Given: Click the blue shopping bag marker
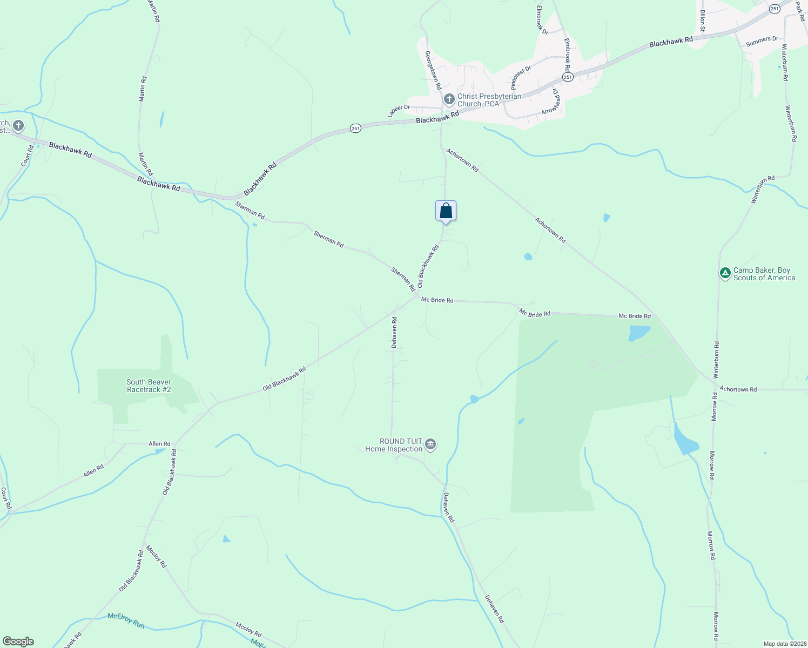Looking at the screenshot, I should pyautogui.click(x=446, y=211).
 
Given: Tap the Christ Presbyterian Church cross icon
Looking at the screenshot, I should pyautogui.click(x=449, y=99).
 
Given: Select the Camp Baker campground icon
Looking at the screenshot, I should pyautogui.click(x=725, y=273).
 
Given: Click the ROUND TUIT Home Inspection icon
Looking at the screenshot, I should pyautogui.click(x=430, y=444).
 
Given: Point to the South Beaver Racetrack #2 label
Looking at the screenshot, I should pyautogui.click(x=149, y=386).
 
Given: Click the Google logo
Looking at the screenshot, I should pyautogui.click(x=18, y=642).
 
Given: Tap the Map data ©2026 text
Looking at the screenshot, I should pyautogui.click(x=784, y=644).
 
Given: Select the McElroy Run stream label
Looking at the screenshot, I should pyautogui.click(x=126, y=620).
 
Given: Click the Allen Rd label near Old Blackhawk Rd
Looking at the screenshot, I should pyautogui.click(x=159, y=444).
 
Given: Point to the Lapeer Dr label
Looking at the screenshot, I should pyautogui.click(x=399, y=111).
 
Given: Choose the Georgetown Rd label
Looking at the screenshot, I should pyautogui.click(x=433, y=70).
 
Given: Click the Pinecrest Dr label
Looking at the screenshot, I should pyautogui.click(x=521, y=78).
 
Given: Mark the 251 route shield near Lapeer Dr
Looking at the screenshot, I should pyautogui.click(x=355, y=129).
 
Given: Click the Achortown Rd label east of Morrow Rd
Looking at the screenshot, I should pyautogui.click(x=738, y=389).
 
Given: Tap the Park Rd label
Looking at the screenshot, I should pyautogui.click(x=800, y=10).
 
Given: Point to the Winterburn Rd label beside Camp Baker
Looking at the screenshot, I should pyautogui.click(x=716, y=360).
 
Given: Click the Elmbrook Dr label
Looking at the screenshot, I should pyautogui.click(x=542, y=21).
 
